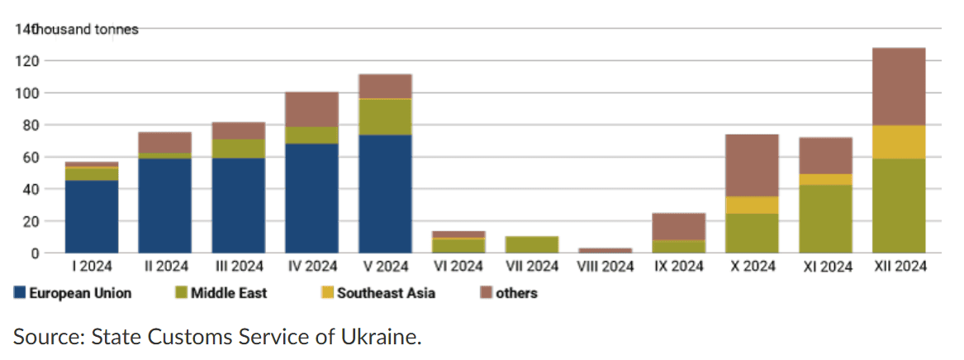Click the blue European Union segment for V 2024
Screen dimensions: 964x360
[x=385, y=193]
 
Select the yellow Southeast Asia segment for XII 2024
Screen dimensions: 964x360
[x=898, y=142]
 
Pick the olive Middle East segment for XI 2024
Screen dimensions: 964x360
[x=825, y=219]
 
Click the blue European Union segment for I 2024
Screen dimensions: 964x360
[x=92, y=216]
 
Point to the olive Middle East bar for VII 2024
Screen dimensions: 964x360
[x=532, y=244]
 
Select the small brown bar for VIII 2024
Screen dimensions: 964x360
[x=605, y=250]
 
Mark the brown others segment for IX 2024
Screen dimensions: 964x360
[x=678, y=227]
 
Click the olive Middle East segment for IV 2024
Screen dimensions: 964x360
[x=311, y=135]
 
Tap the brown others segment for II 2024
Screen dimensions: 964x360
[x=164, y=143]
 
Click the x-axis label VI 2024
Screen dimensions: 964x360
[x=458, y=267]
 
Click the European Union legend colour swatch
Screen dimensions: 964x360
[x=20, y=294]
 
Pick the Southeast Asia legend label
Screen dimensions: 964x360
[x=386, y=294]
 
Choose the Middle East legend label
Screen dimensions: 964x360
[x=229, y=294]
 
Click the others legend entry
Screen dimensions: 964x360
[x=508, y=294]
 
